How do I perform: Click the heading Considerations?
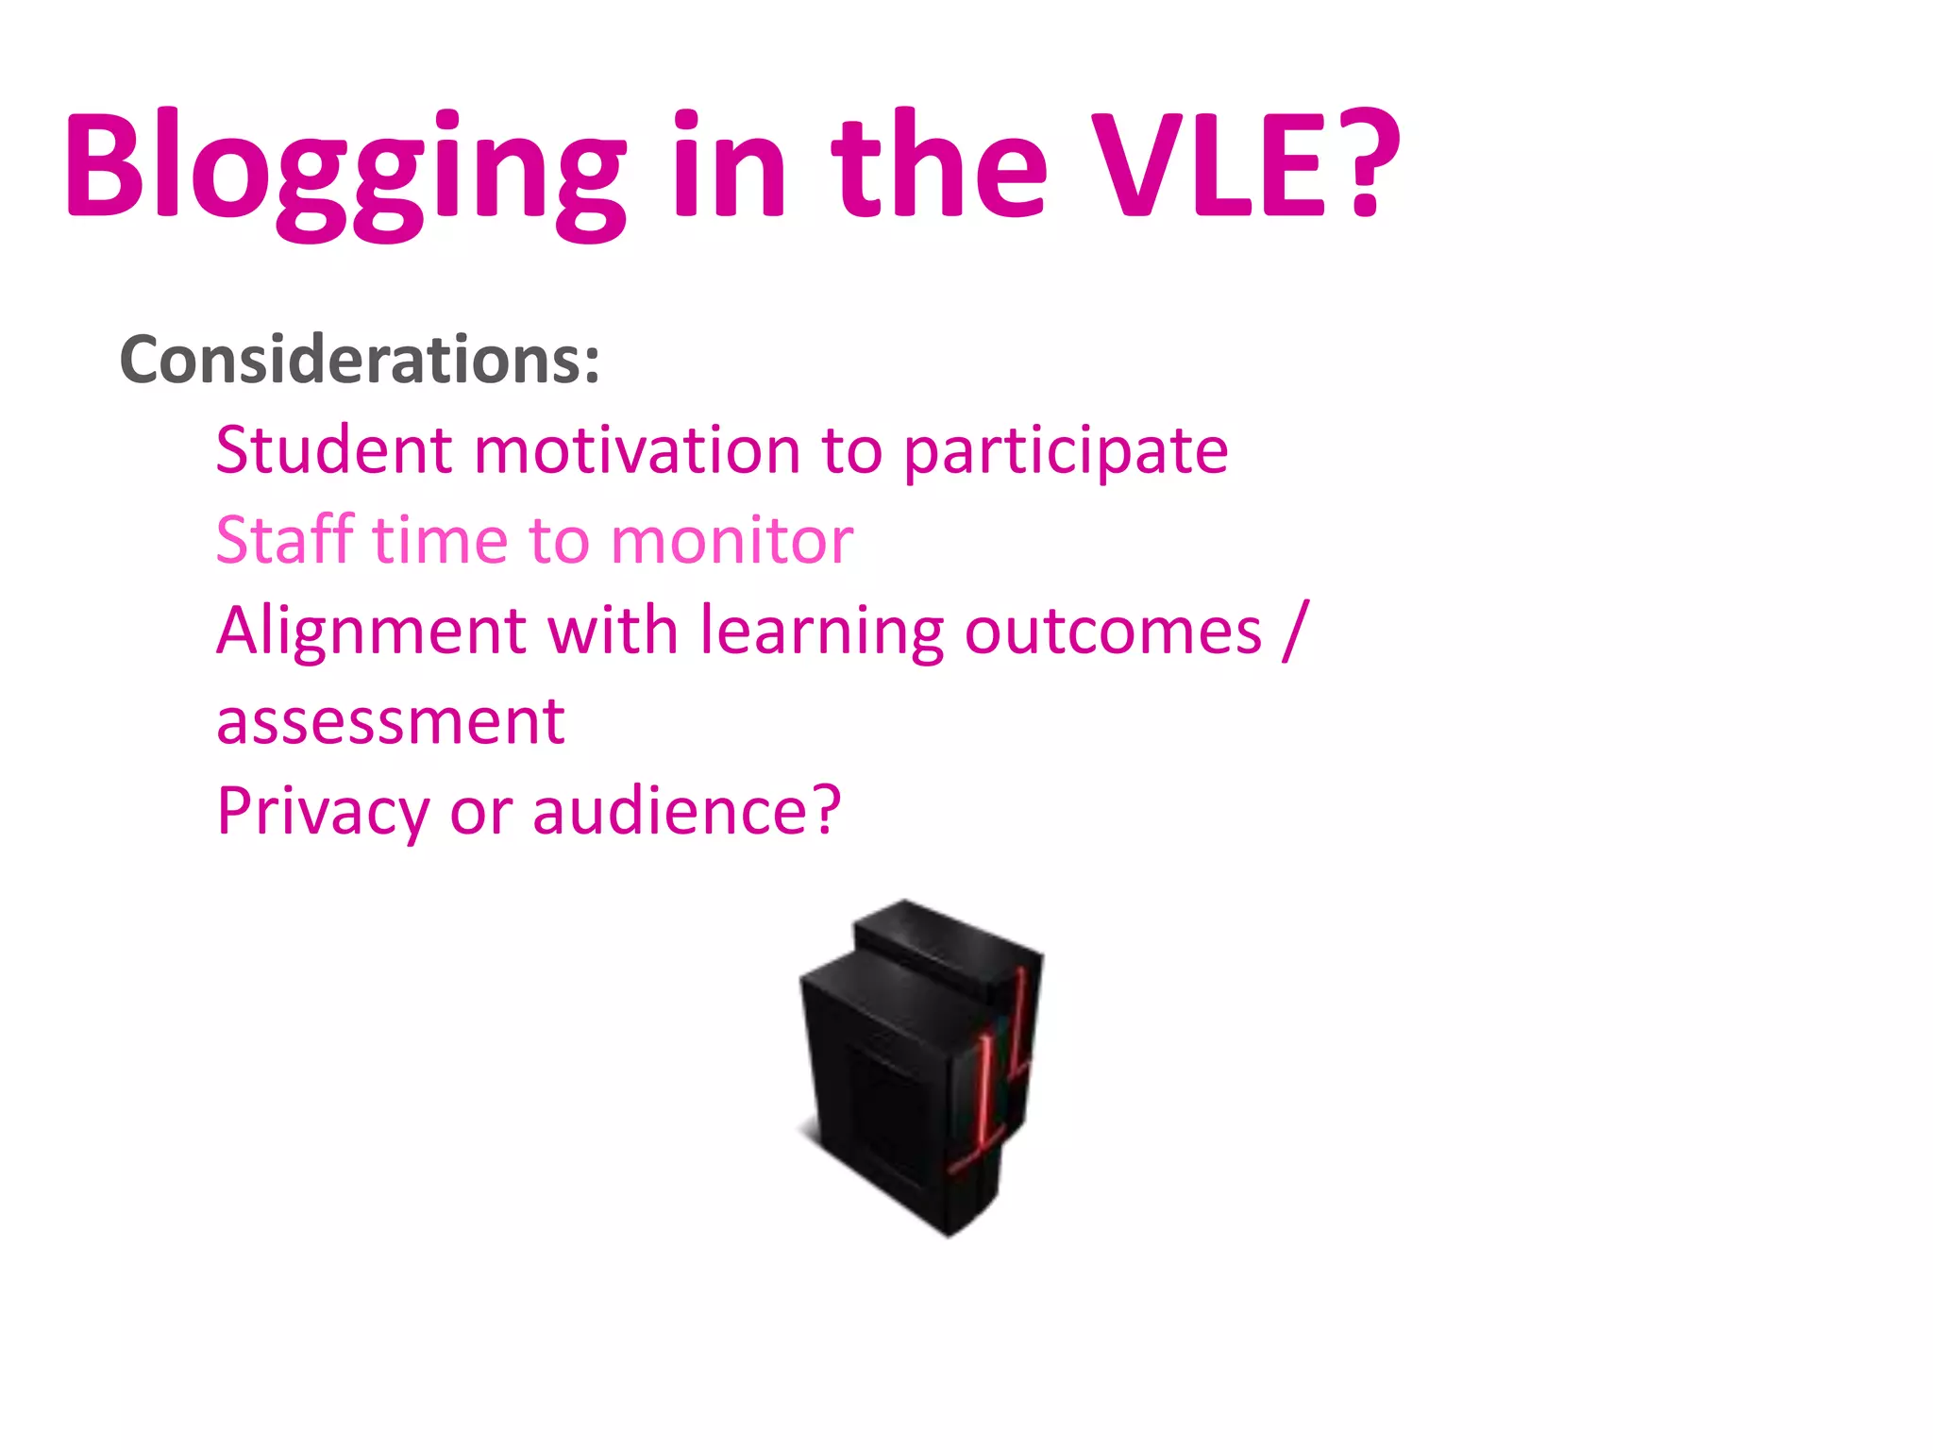coord(360,360)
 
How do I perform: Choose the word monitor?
coord(732,541)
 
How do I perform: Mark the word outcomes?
coord(1113,631)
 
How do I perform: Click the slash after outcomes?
coord(1296,630)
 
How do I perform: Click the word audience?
coord(686,810)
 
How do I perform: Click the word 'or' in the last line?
coord(480,812)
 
